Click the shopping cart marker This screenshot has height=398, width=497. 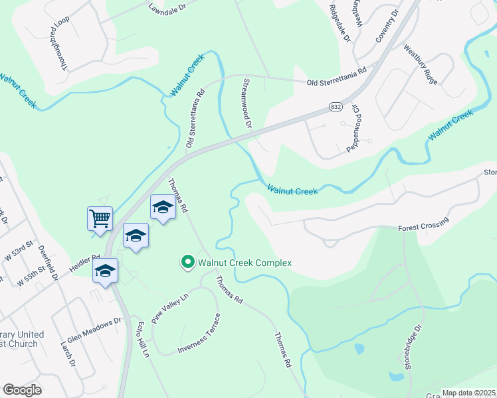click(100, 217)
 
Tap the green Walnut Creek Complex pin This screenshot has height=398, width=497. click(187, 263)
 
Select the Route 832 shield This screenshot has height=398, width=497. click(336, 106)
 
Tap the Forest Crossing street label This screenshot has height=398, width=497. click(423, 224)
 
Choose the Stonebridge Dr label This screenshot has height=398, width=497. click(414, 346)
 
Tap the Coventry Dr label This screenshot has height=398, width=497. click(386, 26)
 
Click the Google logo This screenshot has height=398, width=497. click(22, 390)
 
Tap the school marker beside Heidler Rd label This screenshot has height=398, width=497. click(105, 271)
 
